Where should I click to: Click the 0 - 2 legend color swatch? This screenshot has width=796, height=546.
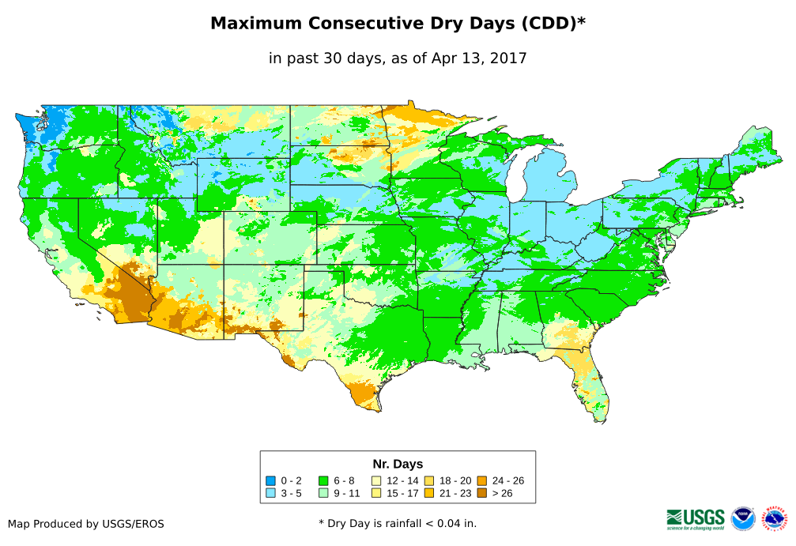[271, 480]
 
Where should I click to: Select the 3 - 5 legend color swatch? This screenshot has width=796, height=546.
[271, 493]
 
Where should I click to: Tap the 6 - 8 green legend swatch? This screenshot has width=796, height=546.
[323, 480]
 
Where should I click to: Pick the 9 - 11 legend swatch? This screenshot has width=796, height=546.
[323, 493]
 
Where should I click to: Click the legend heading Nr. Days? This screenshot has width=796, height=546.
[398, 464]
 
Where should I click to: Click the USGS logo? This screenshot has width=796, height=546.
[696, 518]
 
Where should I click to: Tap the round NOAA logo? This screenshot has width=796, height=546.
[743, 518]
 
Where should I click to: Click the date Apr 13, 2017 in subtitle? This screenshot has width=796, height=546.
[479, 58]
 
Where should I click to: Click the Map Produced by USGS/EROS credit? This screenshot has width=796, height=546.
[86, 523]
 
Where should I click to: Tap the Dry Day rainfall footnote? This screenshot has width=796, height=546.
[398, 523]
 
